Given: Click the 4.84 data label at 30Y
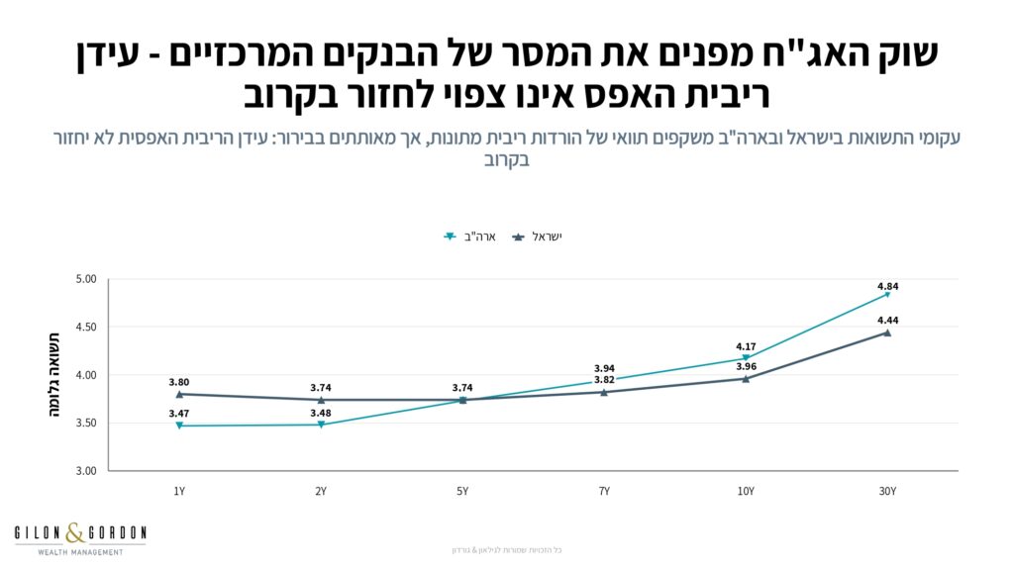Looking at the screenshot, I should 887,287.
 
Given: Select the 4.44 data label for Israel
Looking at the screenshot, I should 887,321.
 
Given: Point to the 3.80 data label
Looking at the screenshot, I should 179,381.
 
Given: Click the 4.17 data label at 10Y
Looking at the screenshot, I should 746,346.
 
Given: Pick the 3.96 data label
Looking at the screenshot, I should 746,367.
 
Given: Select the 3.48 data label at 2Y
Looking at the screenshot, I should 321,413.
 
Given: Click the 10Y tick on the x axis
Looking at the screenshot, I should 746,491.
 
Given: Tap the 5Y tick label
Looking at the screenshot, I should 462,491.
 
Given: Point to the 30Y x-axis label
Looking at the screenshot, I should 887,491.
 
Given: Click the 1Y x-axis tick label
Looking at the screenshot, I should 179,491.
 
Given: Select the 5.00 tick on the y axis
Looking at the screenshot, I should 86,279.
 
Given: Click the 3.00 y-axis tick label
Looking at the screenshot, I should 86,471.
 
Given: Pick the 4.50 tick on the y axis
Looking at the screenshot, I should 86,328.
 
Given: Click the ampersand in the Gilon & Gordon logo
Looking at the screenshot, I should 75,534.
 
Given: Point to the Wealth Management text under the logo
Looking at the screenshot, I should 80,551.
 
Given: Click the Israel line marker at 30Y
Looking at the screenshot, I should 887,332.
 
